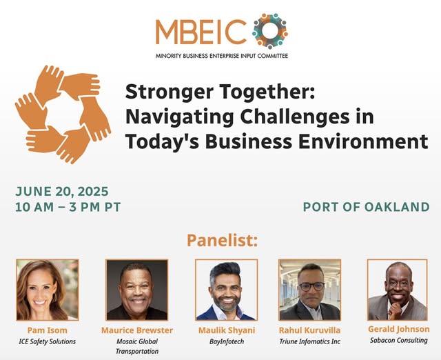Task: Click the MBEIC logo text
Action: (x=201, y=32)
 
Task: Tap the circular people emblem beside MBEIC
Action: (x=269, y=30)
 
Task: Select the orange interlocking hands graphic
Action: (x=63, y=114)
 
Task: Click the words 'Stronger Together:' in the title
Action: (x=220, y=92)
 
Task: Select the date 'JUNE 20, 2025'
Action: (x=62, y=192)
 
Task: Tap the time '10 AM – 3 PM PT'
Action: (x=68, y=207)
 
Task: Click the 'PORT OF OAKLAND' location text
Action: (x=366, y=207)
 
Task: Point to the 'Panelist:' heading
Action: (x=222, y=240)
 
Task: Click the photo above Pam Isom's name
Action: (x=48, y=290)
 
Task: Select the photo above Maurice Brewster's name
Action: (x=136, y=290)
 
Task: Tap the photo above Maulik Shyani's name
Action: (x=227, y=290)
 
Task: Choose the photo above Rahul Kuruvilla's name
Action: (x=309, y=290)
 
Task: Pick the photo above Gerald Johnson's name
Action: (x=398, y=290)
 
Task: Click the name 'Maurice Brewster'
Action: (x=137, y=330)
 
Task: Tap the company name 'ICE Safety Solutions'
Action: (x=48, y=341)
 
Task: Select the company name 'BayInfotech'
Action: (x=227, y=341)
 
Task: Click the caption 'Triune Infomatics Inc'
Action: (x=309, y=341)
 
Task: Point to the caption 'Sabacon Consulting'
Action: (x=398, y=340)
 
